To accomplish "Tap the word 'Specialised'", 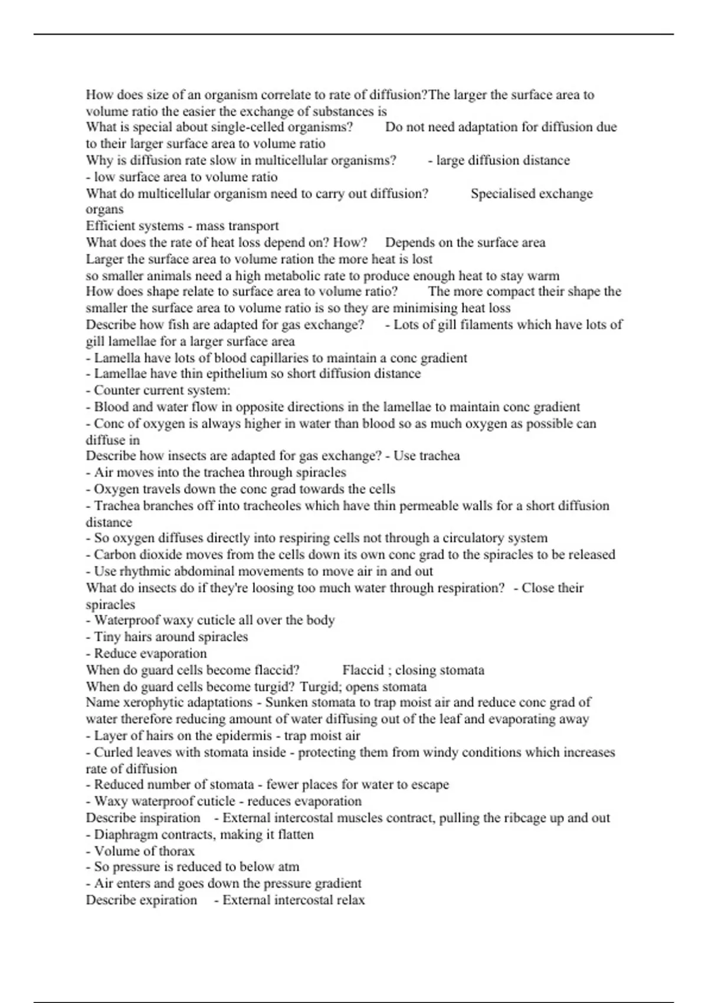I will pyautogui.click(x=503, y=194).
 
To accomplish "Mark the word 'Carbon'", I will pyautogui.click(x=114, y=555).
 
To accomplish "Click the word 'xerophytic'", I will pyautogui.click(x=152, y=703).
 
